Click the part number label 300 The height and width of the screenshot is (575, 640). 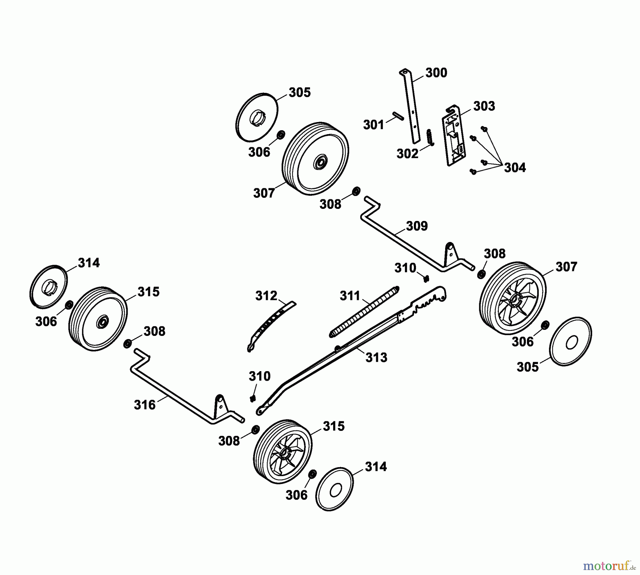pos(436,73)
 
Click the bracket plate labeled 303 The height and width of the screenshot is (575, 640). pos(454,137)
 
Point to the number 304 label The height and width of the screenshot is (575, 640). pos(515,167)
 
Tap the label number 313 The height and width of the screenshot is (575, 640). pos(376,357)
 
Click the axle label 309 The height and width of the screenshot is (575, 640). pos(417,226)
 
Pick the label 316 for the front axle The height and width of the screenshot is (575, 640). pos(145,405)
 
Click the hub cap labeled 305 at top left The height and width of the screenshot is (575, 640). pos(257,117)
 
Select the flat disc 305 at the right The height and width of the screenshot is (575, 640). pos(570,341)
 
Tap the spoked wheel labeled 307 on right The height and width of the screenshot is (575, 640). pos(513,298)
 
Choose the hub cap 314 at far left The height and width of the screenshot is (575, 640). pos(48,285)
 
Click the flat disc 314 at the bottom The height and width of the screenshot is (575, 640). pos(335,489)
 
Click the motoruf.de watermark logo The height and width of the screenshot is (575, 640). pos(609,565)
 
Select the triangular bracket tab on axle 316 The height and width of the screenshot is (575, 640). pos(219,406)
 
